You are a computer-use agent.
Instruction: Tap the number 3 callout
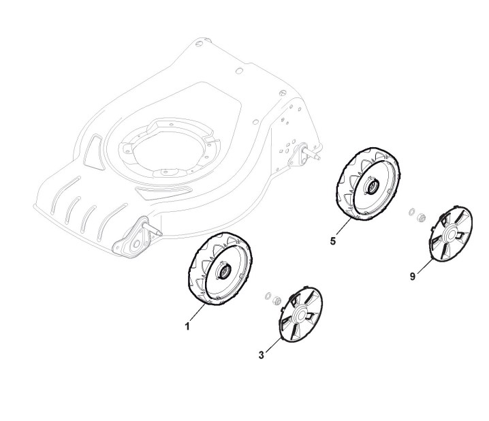coord(262,354)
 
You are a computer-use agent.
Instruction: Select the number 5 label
coord(332,240)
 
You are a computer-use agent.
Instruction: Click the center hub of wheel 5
coord(373,186)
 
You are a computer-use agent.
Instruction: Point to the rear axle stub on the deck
coord(315,153)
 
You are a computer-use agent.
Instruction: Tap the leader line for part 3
coord(271,345)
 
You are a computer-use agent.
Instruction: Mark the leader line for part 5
coord(343,230)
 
